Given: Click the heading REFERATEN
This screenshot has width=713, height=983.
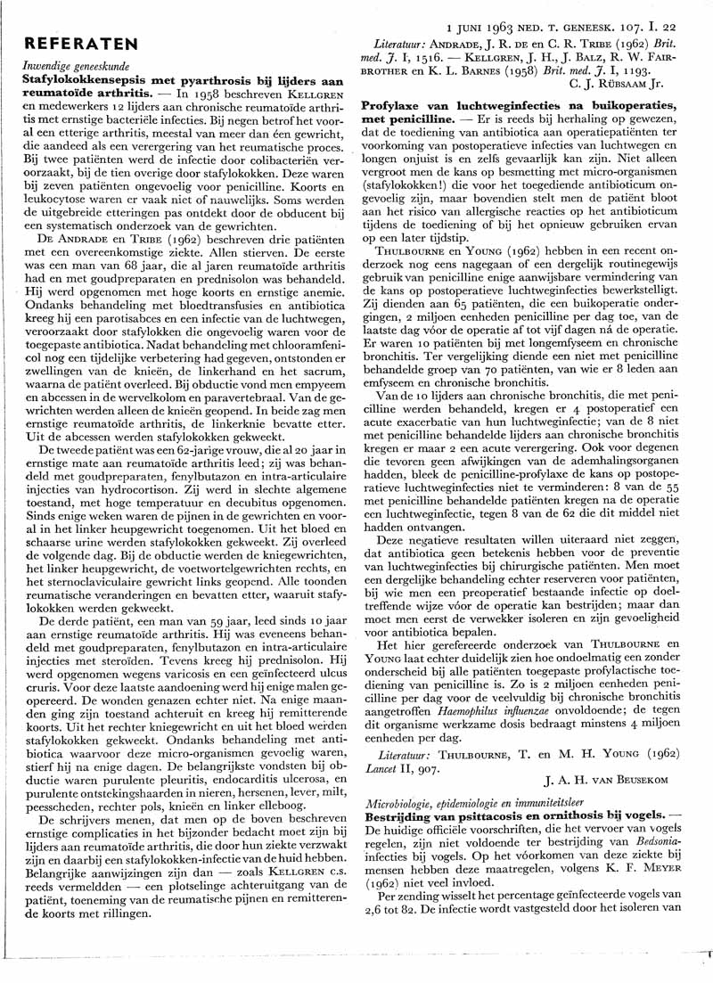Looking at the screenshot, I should coord(81,44).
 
